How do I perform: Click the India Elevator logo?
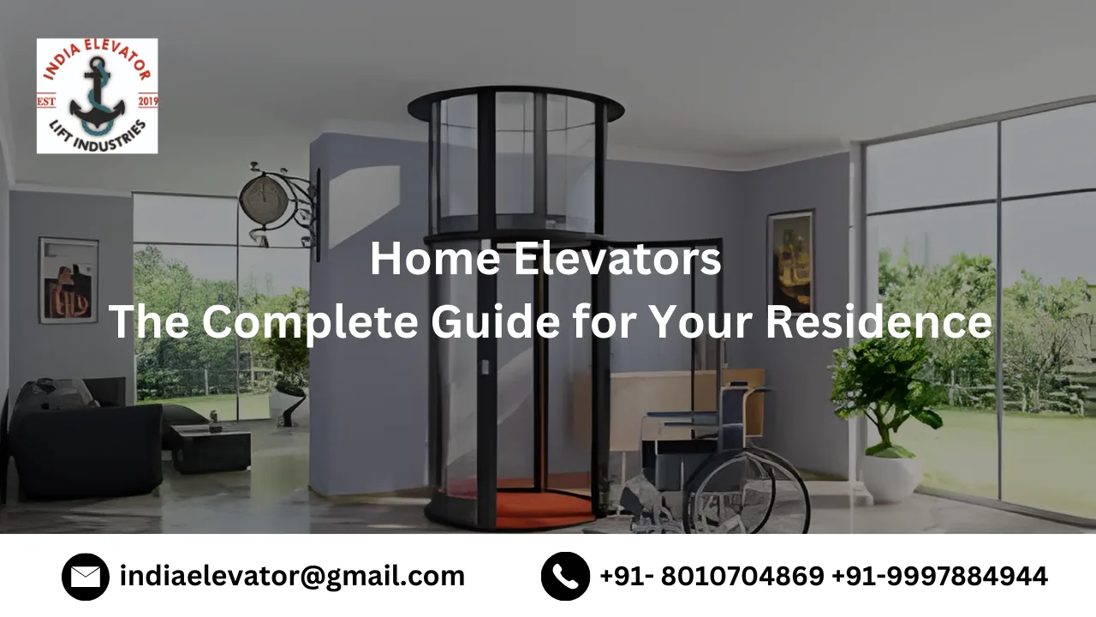[x=97, y=96]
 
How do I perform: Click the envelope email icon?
[x=86, y=577]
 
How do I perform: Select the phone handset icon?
[x=565, y=577]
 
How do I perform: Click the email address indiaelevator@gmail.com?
[x=292, y=577]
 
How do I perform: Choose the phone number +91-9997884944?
[x=939, y=577]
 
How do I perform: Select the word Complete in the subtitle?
[x=311, y=322]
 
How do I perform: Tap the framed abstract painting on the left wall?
[x=68, y=280]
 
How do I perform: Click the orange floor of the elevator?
[x=531, y=510]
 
